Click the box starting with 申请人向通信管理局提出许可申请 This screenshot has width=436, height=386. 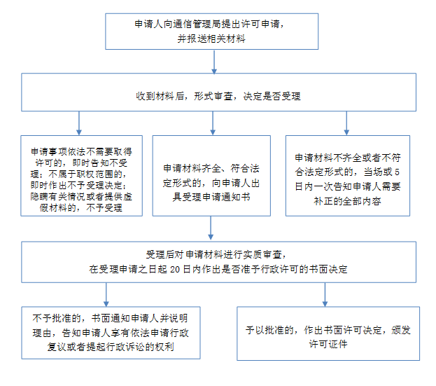pos(211,32)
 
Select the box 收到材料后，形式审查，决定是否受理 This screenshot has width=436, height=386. pos(218,92)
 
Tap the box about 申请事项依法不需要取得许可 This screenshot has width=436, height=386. pos(81,176)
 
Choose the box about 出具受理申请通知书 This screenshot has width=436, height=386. pos(211,176)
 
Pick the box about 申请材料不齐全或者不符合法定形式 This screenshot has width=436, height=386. pos(348,176)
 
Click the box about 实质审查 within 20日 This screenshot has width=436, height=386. pos(218,262)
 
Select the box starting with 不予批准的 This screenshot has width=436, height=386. pos(111,333)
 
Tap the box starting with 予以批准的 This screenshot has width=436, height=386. pos(328,333)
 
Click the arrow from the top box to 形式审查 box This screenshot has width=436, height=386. pos(214,62)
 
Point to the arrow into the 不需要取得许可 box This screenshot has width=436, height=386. pos(79,123)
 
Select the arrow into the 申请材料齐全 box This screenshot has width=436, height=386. pos(213,123)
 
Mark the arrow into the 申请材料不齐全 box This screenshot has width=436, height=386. pos(346,123)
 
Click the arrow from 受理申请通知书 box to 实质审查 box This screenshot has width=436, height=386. pos(211,228)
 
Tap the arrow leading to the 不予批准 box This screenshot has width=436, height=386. pos(106,295)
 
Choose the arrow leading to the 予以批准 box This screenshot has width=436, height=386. pos(325,295)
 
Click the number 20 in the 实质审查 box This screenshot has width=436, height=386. pos(175,269)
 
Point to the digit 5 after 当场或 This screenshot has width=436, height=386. pos(397,172)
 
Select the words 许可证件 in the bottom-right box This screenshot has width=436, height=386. pos(328,344)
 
